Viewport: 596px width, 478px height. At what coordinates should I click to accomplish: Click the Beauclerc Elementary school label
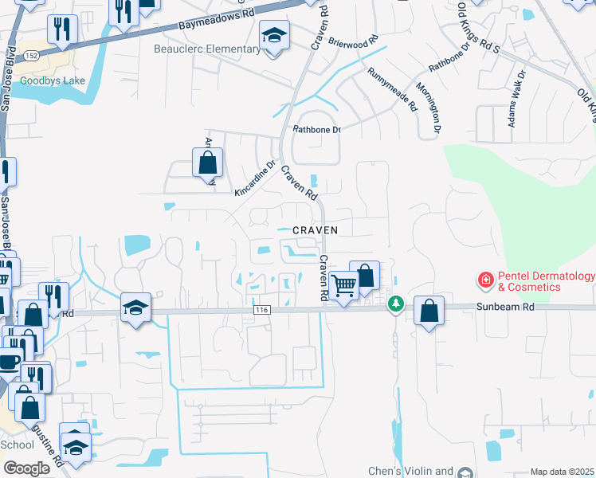click(206, 49)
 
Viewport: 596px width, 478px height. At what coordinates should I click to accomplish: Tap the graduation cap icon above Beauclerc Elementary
click(274, 36)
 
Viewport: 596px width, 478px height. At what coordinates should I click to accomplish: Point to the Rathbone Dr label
click(316, 129)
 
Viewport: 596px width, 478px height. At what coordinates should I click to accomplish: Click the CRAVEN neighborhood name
click(315, 229)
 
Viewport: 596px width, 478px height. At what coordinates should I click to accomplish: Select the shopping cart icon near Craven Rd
click(343, 284)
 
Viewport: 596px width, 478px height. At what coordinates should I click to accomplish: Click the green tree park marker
click(395, 304)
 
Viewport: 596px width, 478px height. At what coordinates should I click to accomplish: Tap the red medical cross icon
click(484, 280)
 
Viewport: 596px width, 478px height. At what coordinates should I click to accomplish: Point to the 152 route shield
click(31, 55)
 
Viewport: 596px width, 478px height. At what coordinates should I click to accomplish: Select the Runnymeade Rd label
click(392, 88)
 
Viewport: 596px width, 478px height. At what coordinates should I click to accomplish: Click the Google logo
click(26, 468)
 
